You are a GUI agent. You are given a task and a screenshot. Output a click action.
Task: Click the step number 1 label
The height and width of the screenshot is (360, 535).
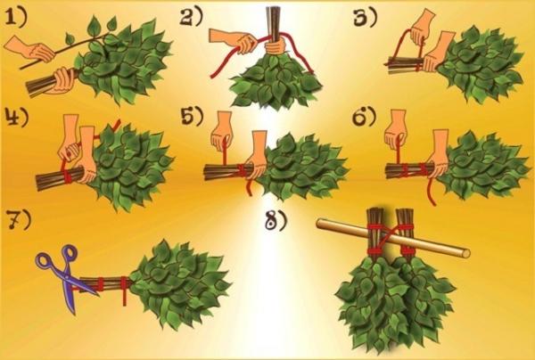click(x=16, y=18)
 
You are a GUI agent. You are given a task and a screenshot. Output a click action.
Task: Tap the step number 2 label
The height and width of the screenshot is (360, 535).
click(x=192, y=17)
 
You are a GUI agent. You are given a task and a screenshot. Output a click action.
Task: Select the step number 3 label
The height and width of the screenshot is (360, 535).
click(x=365, y=18)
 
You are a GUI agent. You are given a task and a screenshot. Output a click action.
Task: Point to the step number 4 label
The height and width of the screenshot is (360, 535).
click(x=17, y=118)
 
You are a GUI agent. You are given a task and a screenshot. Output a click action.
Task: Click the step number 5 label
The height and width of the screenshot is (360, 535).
click(x=192, y=116)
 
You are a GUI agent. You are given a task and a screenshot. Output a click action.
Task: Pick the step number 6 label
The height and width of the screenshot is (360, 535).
click(x=364, y=117)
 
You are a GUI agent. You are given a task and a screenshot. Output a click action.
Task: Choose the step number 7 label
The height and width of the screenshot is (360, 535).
click(x=19, y=220)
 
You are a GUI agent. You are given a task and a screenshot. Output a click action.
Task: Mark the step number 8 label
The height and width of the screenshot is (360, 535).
click(x=276, y=222)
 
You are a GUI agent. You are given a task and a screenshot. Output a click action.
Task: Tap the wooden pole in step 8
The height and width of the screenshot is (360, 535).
click(x=393, y=238)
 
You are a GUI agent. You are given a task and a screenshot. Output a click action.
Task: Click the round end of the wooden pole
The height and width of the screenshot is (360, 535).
click(x=465, y=253)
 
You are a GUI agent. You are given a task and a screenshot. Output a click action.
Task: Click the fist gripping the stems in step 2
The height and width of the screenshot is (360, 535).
click(x=276, y=45)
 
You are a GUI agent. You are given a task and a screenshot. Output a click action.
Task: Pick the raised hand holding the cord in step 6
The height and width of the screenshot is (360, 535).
click(x=397, y=130)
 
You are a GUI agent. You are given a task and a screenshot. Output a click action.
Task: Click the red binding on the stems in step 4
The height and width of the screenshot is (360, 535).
click(x=68, y=176)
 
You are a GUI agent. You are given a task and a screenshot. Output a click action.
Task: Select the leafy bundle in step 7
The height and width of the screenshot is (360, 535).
click(x=180, y=283)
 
